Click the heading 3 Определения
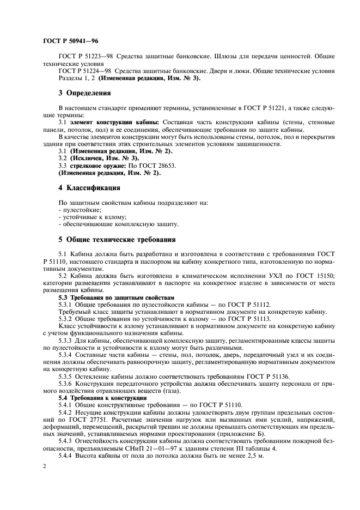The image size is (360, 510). (x=84, y=93)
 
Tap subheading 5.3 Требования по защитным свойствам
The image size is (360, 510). (x=116, y=298)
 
